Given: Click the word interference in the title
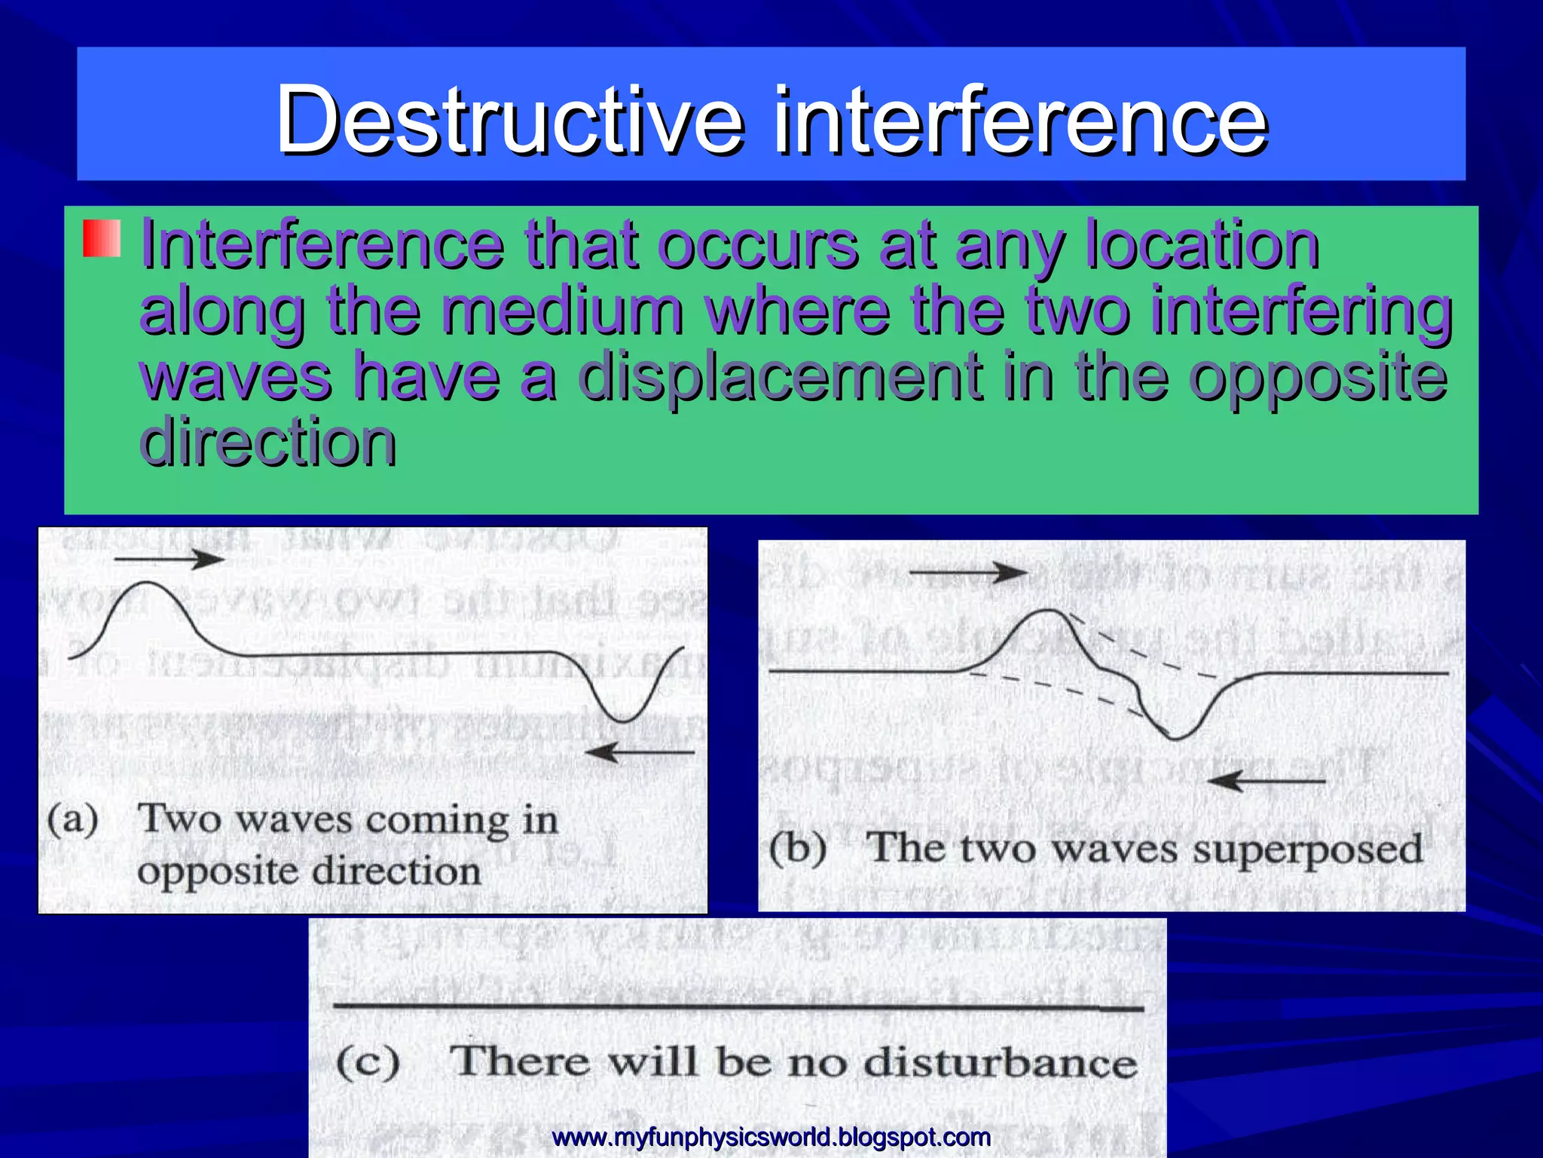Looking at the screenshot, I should pos(1021,119).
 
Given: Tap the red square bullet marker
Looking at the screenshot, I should pos(102,238).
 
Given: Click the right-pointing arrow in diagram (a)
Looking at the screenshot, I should pos(170,559).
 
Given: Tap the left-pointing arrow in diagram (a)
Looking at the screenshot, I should pos(640,752).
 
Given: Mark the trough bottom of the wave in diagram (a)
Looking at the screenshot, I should pos(624,721).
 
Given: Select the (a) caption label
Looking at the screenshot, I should pos(73,819).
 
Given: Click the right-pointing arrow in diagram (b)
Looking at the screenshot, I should pos(968,573).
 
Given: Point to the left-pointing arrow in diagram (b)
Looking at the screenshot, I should pos(1266,781).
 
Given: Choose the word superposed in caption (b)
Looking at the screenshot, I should pos(1308,850).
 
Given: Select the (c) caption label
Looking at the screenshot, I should pos(368,1062).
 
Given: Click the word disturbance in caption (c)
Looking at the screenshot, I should pos(1000,1062).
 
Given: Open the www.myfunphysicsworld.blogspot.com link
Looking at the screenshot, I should pos(771,1136).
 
